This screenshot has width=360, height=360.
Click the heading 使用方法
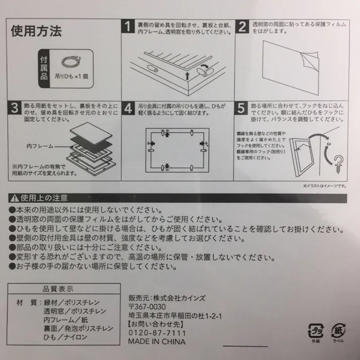pos(36,31)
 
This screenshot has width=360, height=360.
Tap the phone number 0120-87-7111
pos(158,333)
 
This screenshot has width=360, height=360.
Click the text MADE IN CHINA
pos(157,342)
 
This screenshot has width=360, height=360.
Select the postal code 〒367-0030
pos(147,307)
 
